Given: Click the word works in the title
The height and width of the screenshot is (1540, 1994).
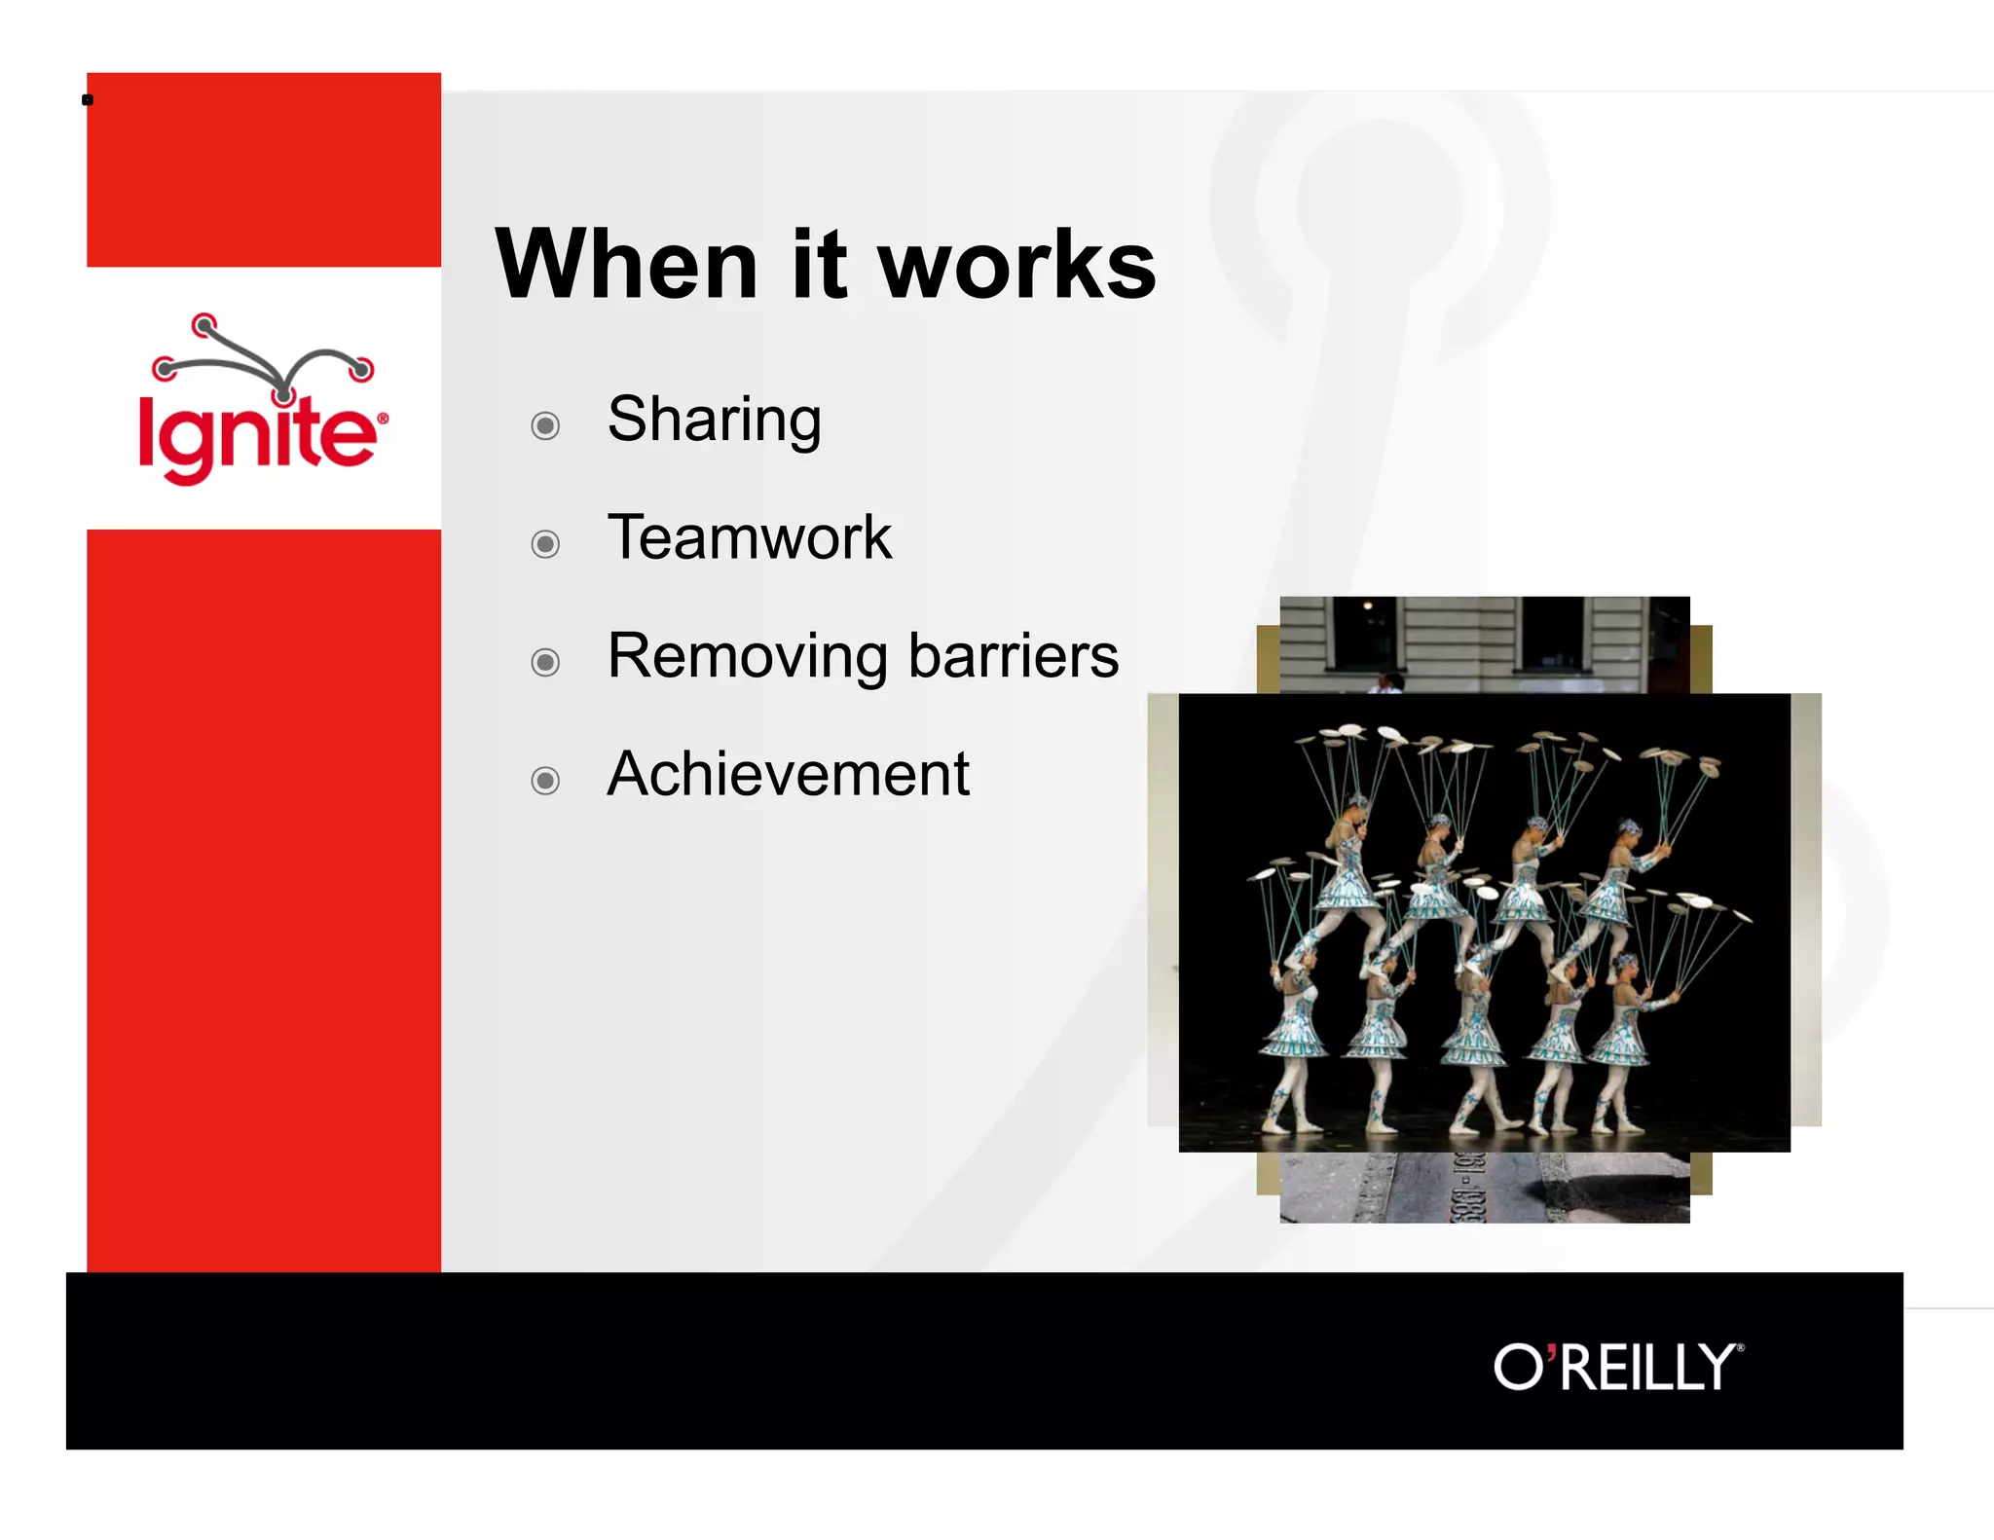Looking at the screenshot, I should click(1016, 267).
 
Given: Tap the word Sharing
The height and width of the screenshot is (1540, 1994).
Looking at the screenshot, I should click(714, 421).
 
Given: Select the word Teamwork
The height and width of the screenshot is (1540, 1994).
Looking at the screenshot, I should click(749, 537).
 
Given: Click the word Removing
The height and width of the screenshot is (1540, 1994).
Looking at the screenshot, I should click(746, 656).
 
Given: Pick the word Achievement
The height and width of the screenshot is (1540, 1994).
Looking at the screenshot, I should click(788, 775).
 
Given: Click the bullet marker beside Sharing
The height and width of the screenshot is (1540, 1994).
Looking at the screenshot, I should click(545, 426).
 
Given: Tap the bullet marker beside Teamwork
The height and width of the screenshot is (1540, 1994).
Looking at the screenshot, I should click(545, 544).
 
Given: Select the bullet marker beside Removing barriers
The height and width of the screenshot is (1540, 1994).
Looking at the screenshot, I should click(545, 663).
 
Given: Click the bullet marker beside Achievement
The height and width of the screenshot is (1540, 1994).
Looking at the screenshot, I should click(545, 781).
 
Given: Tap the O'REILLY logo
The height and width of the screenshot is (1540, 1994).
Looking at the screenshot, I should click(1616, 1367).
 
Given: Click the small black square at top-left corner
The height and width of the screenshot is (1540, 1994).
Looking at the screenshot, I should click(88, 99).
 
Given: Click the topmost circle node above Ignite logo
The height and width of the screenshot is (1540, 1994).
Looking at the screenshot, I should click(203, 325).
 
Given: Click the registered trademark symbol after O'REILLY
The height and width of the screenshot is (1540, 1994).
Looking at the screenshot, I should click(1741, 1348).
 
